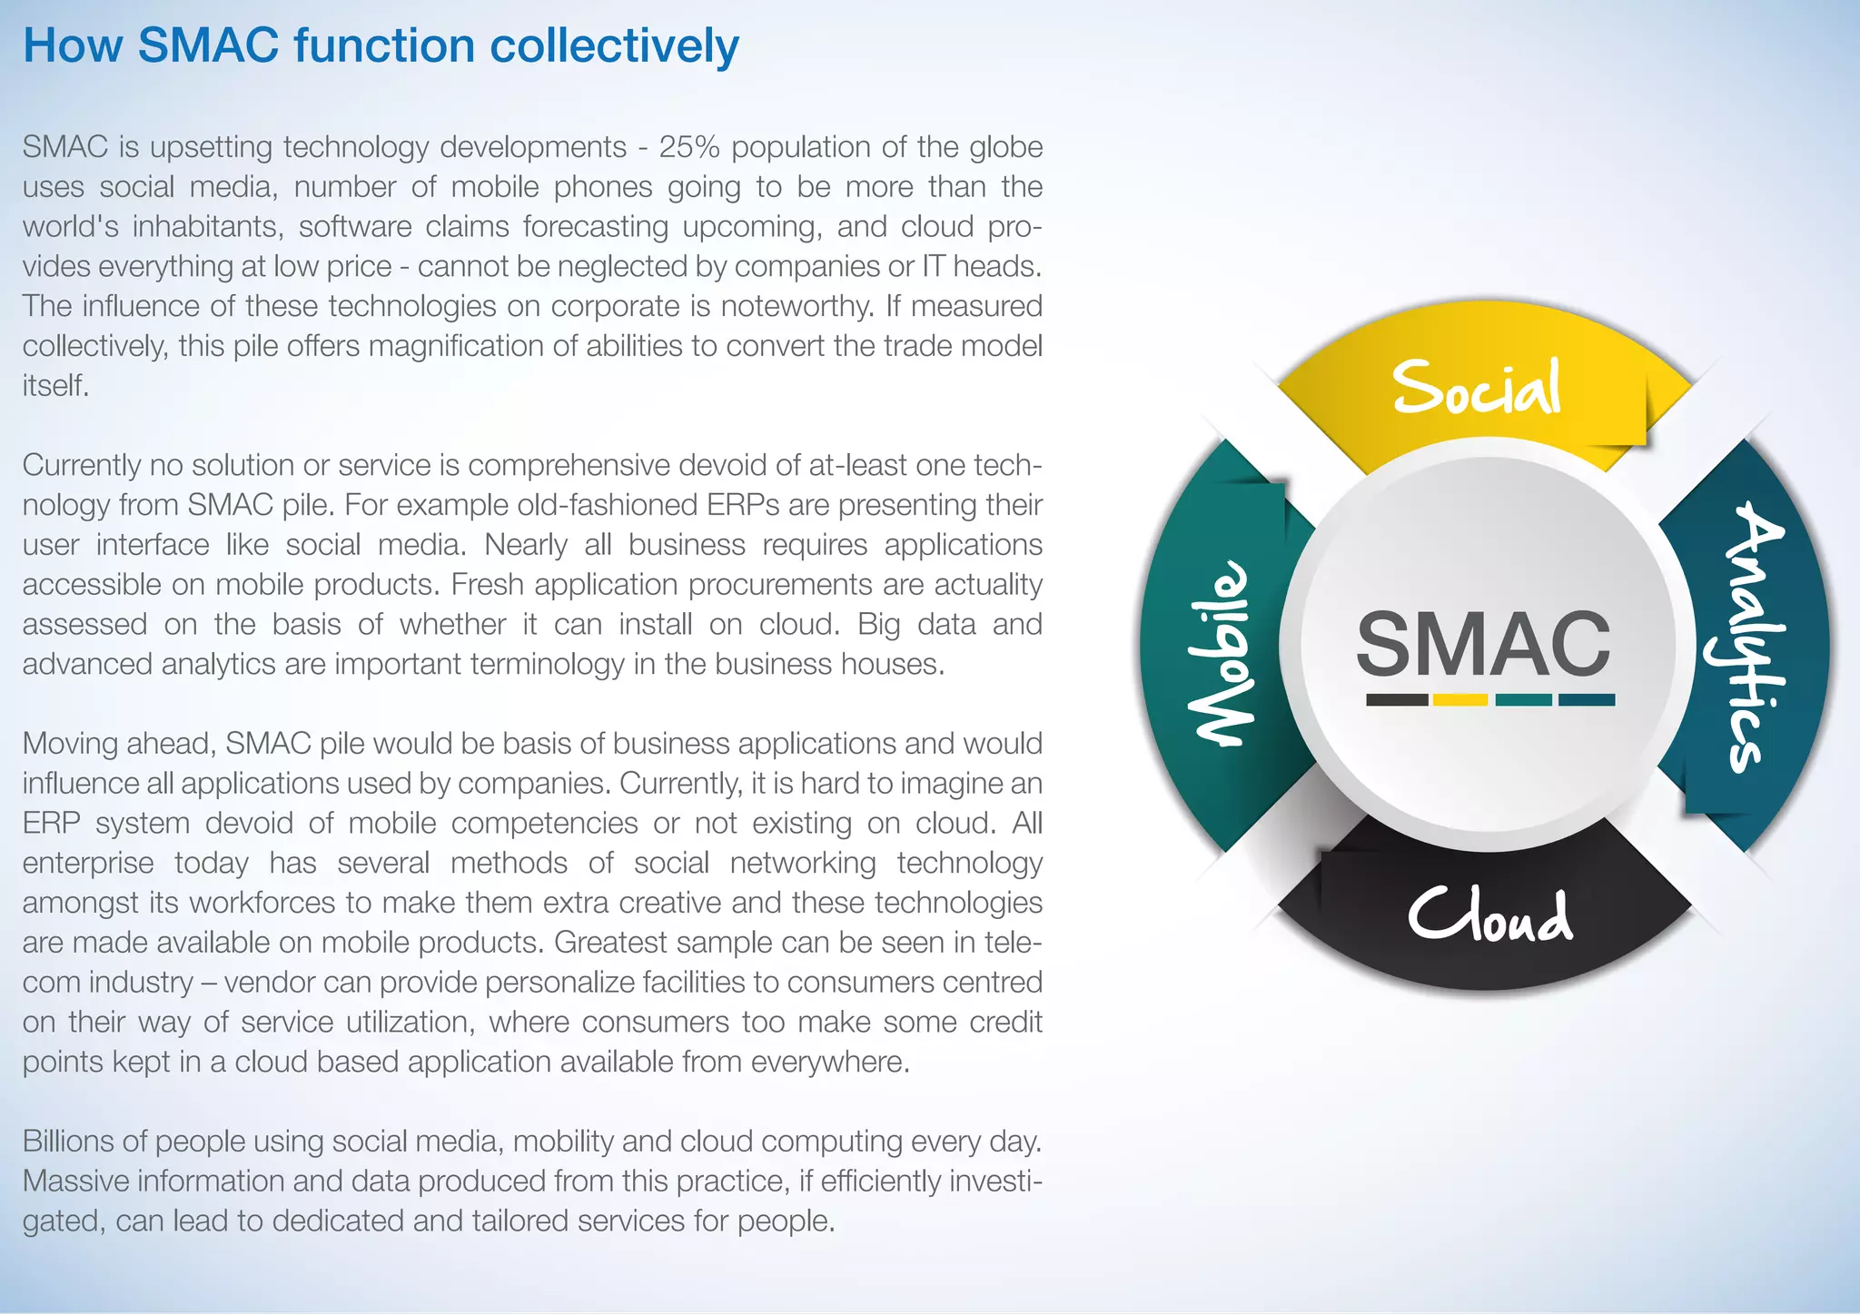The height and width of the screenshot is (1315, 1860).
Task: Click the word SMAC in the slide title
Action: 208,45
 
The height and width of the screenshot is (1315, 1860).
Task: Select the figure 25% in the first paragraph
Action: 688,147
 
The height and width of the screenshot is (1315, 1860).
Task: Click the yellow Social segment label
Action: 1478,388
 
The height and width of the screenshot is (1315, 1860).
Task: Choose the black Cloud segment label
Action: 1489,915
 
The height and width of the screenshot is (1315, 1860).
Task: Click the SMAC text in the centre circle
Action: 1483,644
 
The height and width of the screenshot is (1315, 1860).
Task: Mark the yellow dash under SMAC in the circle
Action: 1459,700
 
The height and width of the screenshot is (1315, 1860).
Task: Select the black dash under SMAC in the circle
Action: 1397,700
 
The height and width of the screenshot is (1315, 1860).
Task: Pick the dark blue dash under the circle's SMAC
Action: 1587,700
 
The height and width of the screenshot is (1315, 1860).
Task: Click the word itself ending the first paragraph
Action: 55,386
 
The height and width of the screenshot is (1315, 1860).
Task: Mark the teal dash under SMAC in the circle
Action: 1523,700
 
